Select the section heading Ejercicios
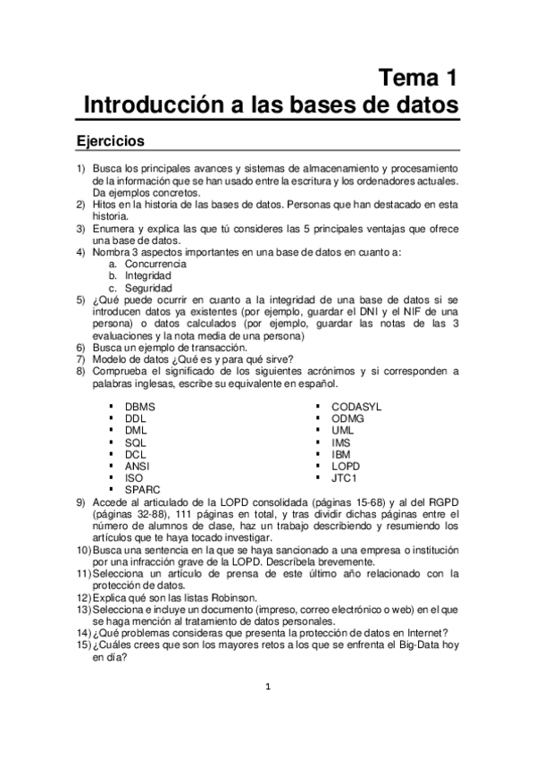[x=111, y=141]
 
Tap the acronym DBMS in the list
[x=140, y=406]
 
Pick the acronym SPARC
[x=142, y=490]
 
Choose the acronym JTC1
[x=343, y=478]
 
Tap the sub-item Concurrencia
[x=155, y=265]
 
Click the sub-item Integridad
[x=147, y=276]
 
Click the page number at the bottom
[x=267, y=686]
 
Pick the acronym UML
[x=342, y=430]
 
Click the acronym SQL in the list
[x=136, y=442]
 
